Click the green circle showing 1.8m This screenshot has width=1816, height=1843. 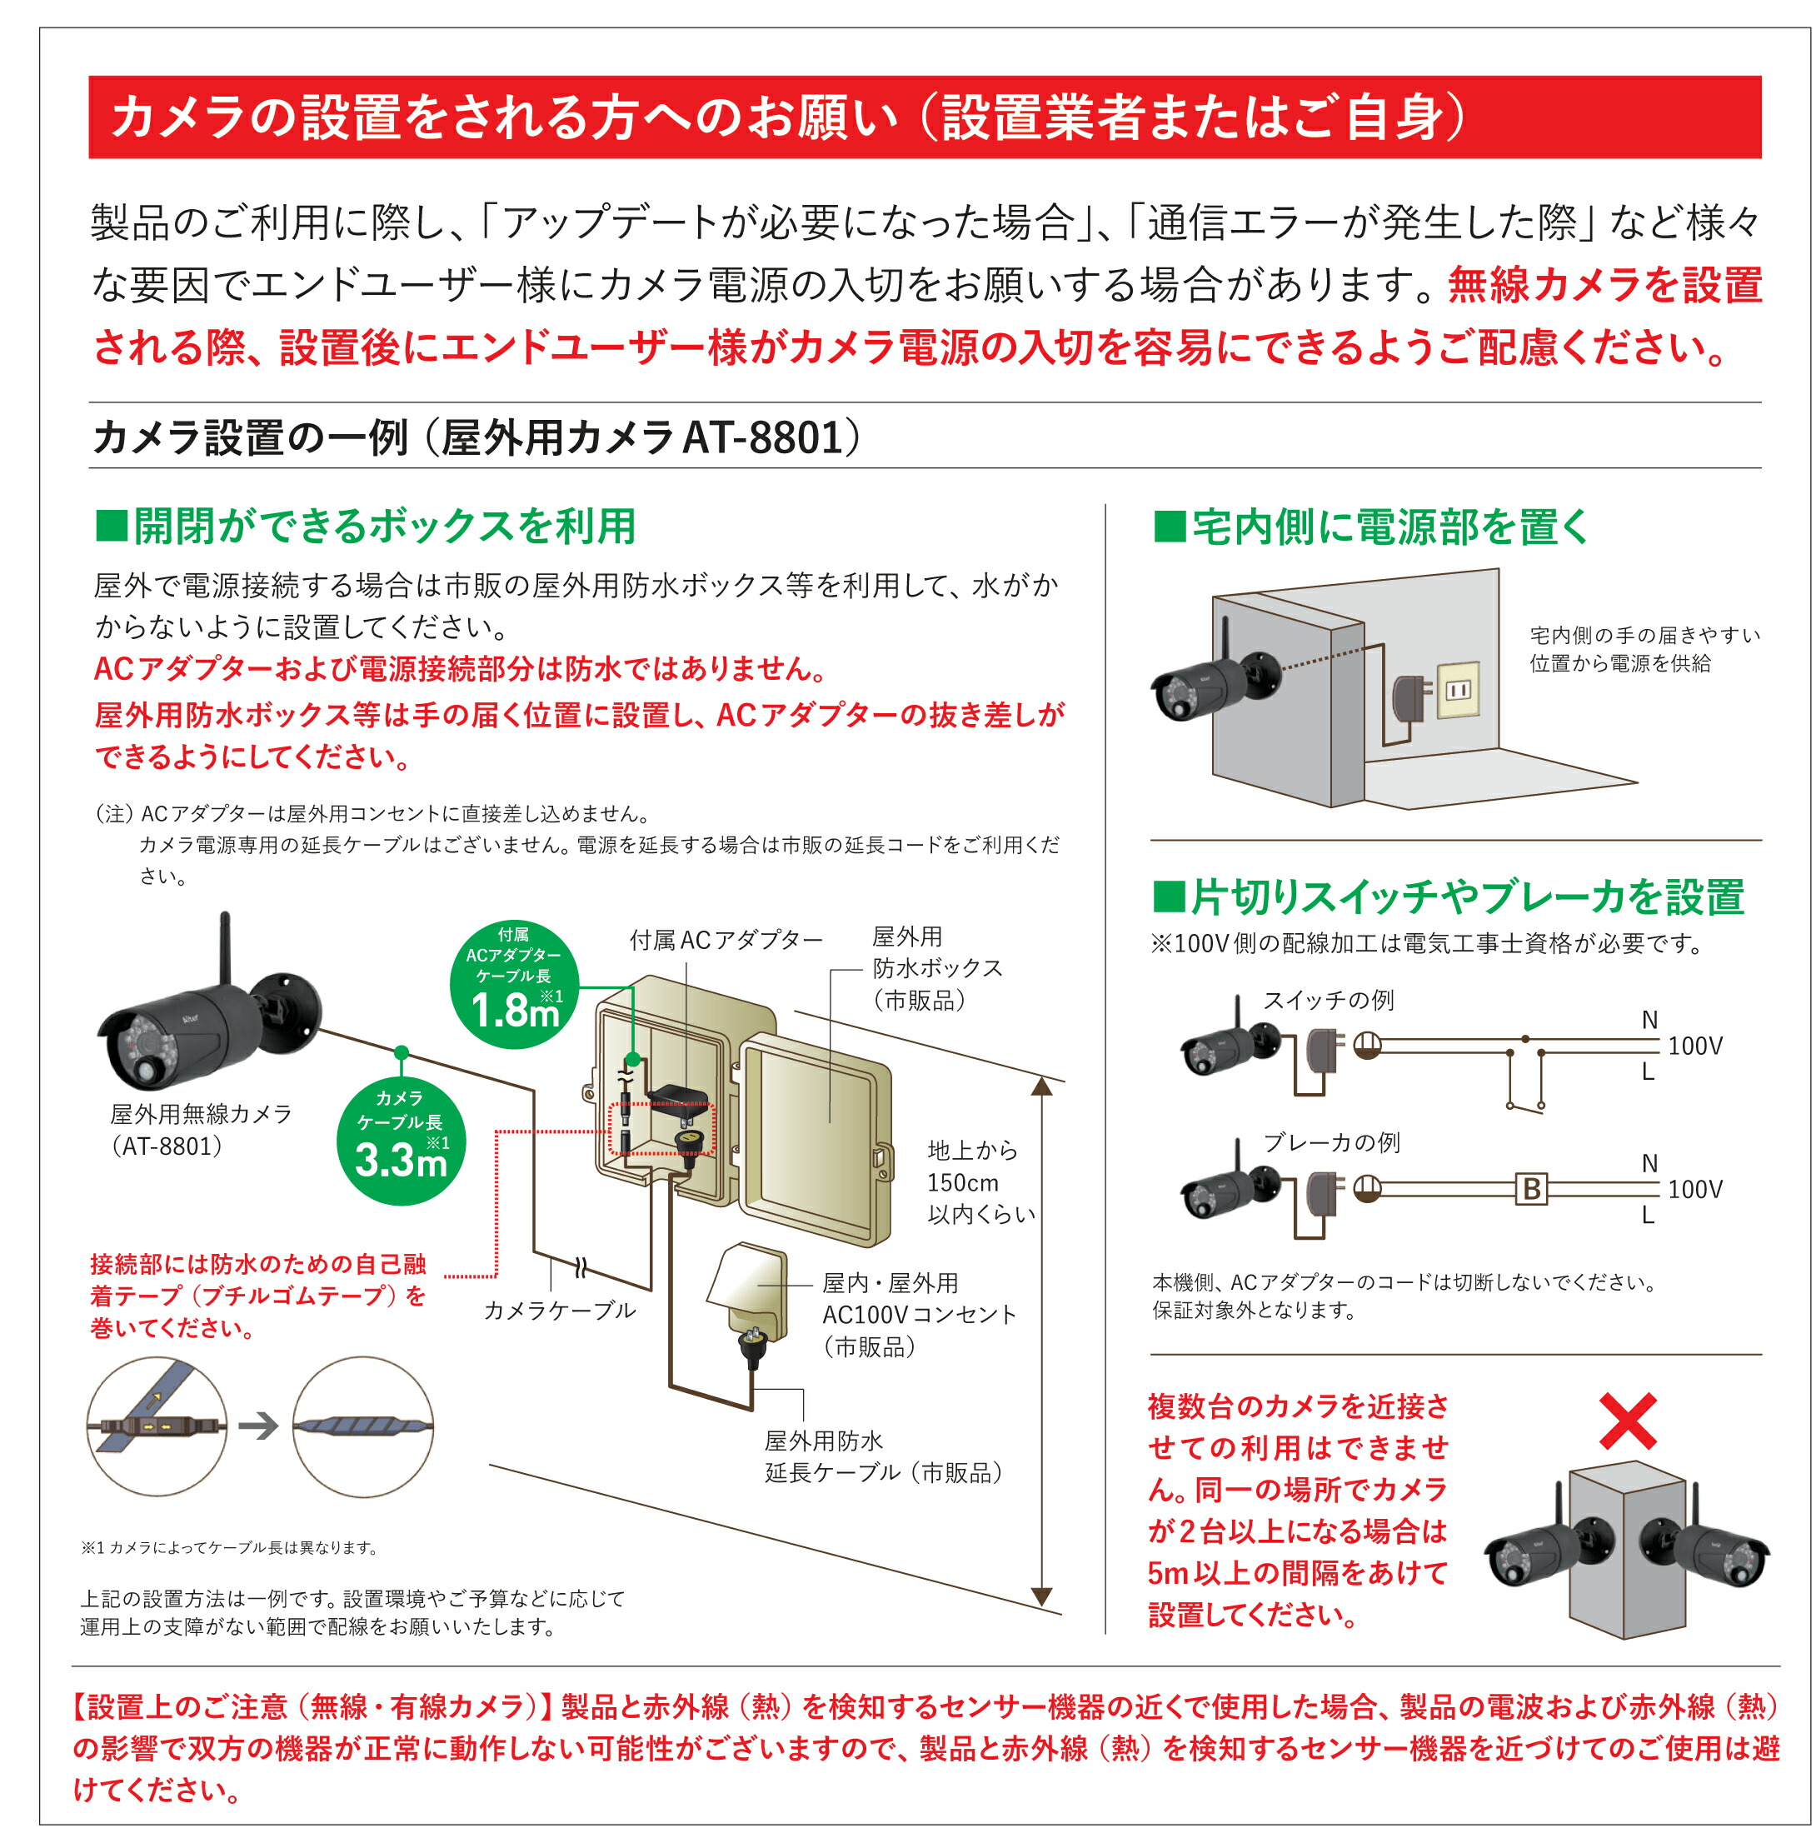point(514,985)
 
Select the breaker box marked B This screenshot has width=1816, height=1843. point(1531,1189)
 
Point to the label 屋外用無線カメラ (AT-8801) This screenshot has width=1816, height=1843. point(200,1130)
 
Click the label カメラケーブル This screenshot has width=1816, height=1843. point(559,1310)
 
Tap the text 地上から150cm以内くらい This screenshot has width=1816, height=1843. point(980,1182)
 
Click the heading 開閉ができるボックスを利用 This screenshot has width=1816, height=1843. point(367,527)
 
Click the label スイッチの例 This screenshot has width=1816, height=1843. point(1328,1000)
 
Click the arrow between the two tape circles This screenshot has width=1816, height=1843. point(258,1427)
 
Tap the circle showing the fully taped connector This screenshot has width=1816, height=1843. point(362,1427)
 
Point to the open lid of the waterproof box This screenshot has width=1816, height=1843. point(816,1140)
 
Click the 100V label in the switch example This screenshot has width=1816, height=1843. point(1695,1046)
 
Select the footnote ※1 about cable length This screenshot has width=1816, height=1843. point(230,1547)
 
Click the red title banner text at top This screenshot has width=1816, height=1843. point(788,117)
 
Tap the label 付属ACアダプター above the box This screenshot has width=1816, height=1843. point(726,941)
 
